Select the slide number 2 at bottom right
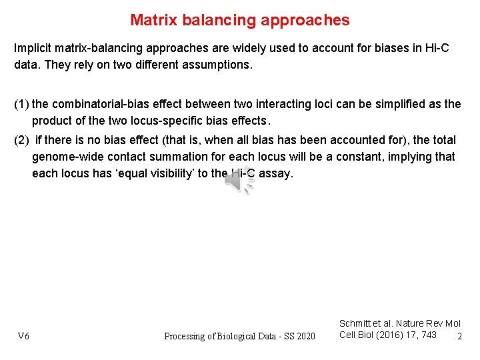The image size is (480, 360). (459, 336)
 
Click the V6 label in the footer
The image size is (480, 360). (23, 336)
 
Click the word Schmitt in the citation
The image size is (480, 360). (355, 323)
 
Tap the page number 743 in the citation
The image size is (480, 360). (429, 335)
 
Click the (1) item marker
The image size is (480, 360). (21, 104)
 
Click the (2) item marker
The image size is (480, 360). (22, 140)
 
